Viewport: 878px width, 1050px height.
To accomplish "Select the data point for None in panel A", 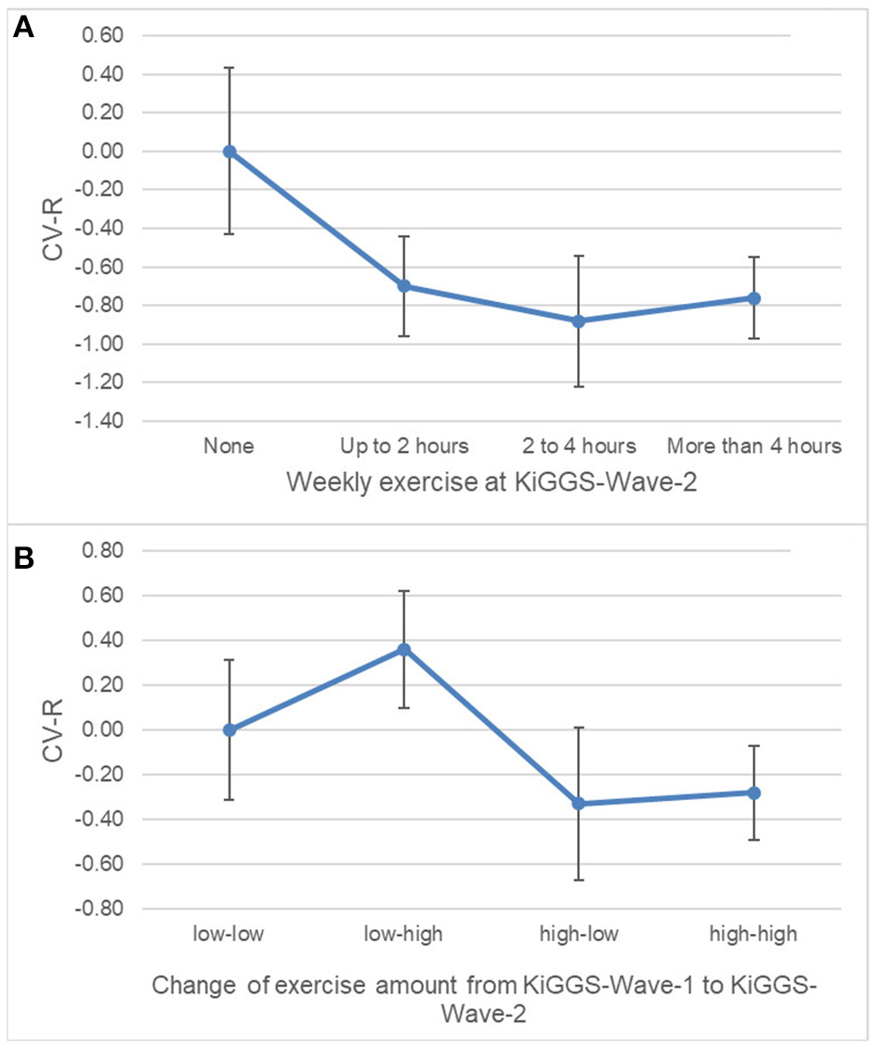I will (x=229, y=151).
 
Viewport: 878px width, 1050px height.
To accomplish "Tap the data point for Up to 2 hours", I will (x=404, y=286).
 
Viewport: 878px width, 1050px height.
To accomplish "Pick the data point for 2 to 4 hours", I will (x=579, y=321).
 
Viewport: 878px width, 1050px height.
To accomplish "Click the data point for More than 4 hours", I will (x=754, y=298).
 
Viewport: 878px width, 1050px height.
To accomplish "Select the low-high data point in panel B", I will (x=404, y=650).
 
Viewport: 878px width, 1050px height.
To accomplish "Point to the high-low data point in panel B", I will (x=579, y=803).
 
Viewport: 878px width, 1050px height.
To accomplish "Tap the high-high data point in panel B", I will (x=754, y=793).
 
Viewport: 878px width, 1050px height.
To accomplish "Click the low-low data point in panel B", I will (x=229, y=729).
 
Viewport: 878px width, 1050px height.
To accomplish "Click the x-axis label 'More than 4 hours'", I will (x=754, y=446).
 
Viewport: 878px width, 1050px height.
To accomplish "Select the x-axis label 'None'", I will (x=229, y=446).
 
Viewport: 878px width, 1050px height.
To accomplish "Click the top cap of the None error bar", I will (x=229, y=68).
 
